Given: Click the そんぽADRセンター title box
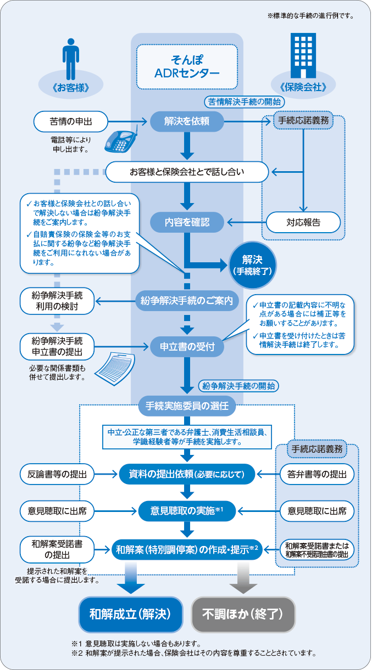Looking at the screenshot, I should [x=187, y=67].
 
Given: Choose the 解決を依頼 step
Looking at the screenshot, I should [x=187, y=121].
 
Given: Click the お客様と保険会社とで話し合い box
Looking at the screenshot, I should [x=187, y=172].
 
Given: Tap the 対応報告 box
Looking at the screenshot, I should [x=303, y=222].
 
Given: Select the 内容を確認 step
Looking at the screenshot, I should [x=187, y=222].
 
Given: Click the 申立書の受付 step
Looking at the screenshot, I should [x=187, y=346].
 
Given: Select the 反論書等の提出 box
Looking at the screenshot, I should [x=57, y=474].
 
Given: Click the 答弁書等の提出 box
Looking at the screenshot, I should [x=317, y=474].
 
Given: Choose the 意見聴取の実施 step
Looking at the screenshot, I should [x=187, y=511].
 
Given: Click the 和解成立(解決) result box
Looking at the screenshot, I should [x=131, y=612].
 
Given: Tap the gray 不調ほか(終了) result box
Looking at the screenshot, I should [x=243, y=612].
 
